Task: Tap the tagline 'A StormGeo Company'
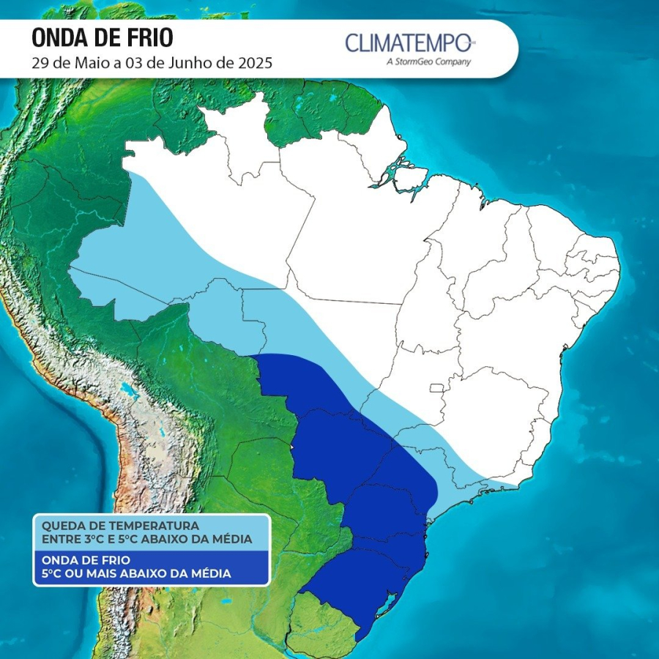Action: (x=428, y=62)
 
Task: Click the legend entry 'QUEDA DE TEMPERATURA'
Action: (x=120, y=526)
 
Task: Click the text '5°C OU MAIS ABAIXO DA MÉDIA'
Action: (x=136, y=573)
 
